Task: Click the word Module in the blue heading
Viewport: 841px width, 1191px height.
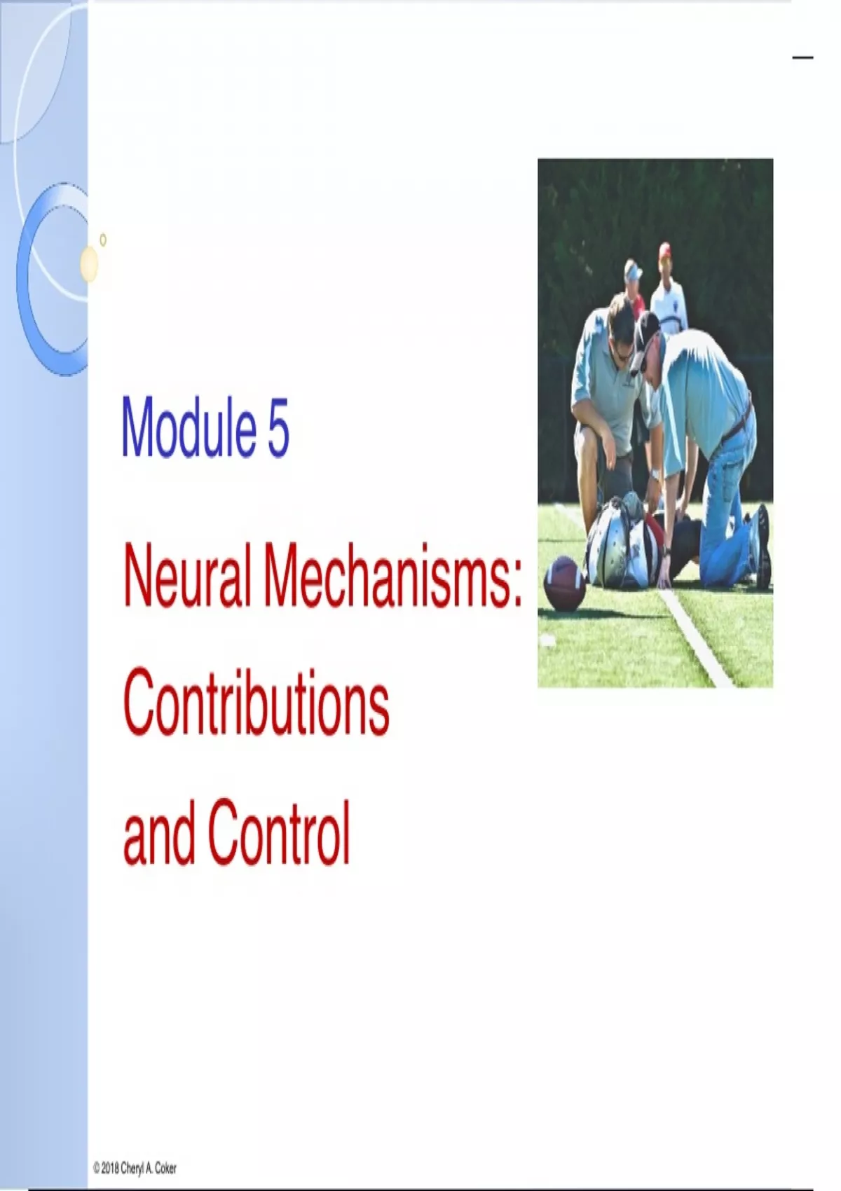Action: click(x=189, y=427)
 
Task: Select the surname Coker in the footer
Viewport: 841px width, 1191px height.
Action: click(x=165, y=1168)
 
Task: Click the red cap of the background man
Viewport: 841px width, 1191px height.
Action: click(x=664, y=250)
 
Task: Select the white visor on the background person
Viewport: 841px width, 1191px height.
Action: click(x=633, y=273)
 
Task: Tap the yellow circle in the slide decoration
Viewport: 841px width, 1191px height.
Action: click(x=90, y=263)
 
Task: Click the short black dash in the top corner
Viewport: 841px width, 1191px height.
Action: click(x=802, y=57)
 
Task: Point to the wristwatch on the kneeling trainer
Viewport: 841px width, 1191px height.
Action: click(x=655, y=474)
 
